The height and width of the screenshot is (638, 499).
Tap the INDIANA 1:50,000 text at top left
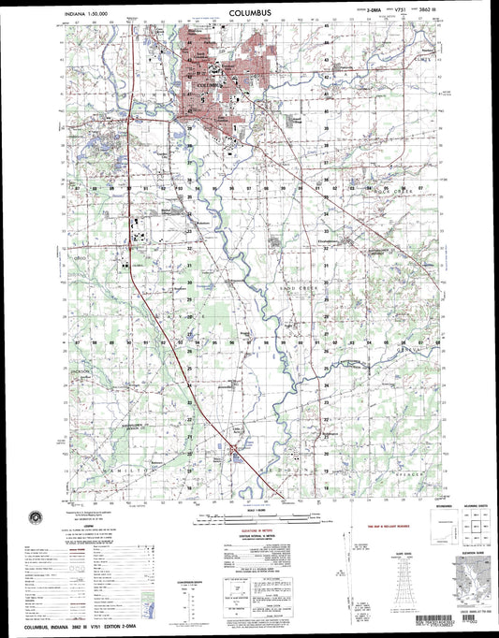tap(84, 17)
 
